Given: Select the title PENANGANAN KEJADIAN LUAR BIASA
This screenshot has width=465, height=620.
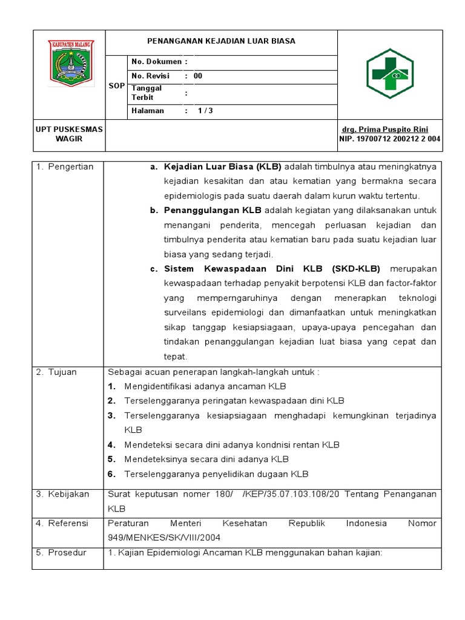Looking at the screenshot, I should pyautogui.click(x=222, y=41).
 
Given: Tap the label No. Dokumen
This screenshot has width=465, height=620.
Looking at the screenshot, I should pyautogui.click(x=156, y=62).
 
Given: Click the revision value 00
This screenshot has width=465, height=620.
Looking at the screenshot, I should pyautogui.click(x=198, y=76).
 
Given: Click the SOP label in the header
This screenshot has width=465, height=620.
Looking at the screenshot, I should pyautogui.click(x=116, y=86).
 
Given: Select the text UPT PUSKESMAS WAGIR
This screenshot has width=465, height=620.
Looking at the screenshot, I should pyautogui.click(x=68, y=134).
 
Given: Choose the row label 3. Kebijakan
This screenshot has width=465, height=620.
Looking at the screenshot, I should pyautogui.click(x=63, y=494).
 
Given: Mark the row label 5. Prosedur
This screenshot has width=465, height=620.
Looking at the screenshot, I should pyautogui.click(x=61, y=552).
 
